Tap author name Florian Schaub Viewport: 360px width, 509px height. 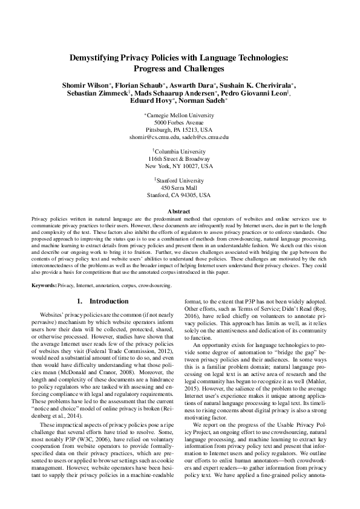(137, 86)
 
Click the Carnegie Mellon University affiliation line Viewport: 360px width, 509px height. (180, 115)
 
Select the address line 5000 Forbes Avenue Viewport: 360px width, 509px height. (179, 123)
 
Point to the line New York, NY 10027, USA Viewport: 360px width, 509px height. (179, 165)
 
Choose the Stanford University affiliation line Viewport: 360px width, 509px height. (180, 180)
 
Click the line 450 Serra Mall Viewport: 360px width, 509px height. (179, 188)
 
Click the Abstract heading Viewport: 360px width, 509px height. (179, 210)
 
